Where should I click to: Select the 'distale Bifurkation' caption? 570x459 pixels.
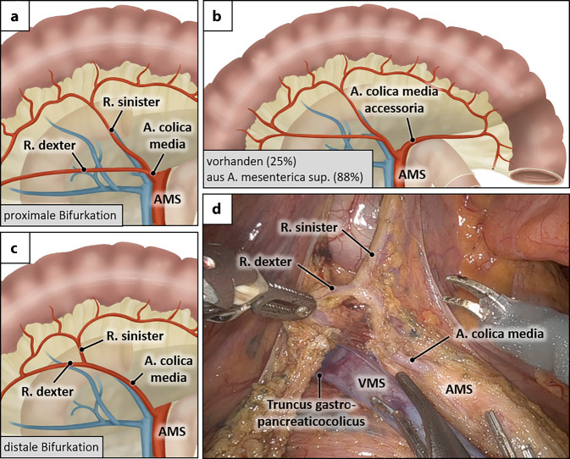point(53,446)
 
